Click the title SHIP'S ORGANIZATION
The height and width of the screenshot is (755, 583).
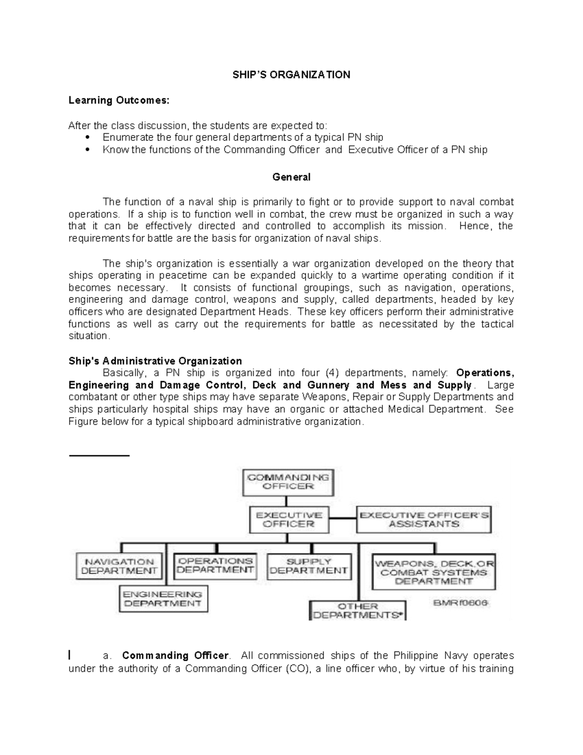pos(291,74)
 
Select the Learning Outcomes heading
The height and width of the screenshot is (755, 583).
pos(119,100)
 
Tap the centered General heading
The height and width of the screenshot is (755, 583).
pos(291,177)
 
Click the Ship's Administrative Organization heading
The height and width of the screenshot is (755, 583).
pos(155,361)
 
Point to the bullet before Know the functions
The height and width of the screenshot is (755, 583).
pos(88,150)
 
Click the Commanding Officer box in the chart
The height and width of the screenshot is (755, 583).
pos(288,482)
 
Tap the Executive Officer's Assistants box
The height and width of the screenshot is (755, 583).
pos(424,519)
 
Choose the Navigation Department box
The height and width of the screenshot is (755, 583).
pos(119,566)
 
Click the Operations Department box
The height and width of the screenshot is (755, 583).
pos(215,566)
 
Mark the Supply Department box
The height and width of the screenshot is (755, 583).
pos(309,566)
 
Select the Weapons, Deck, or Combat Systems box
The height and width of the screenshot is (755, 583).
pos(433,572)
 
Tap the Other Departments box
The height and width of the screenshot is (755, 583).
pos(358,611)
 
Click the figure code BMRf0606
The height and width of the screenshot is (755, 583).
pos(461,603)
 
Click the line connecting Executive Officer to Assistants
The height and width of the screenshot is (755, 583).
pos(343,519)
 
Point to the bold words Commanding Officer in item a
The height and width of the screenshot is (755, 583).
pos(175,655)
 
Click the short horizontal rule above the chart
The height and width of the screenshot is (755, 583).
pos(99,456)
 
